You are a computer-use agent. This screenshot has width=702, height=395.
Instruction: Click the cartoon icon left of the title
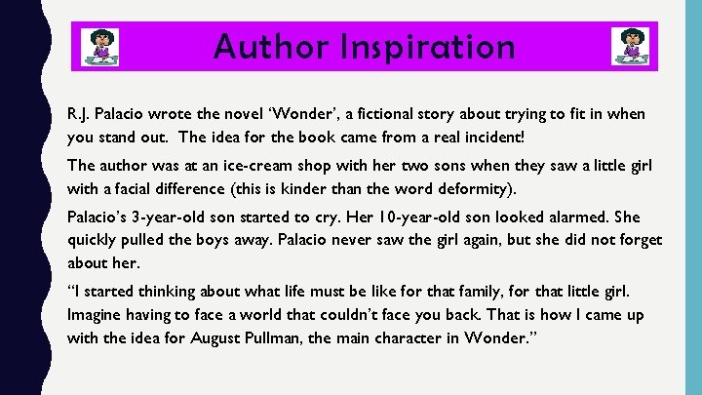pos(98,47)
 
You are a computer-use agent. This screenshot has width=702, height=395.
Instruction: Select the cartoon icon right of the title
pos(630,47)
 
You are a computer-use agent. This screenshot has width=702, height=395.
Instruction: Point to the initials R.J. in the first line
pos(79,114)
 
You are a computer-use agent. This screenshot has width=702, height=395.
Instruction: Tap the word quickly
pos(96,240)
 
